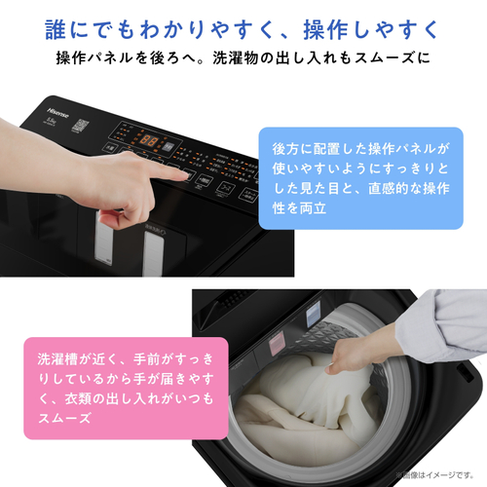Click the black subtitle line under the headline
pos(243,57)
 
